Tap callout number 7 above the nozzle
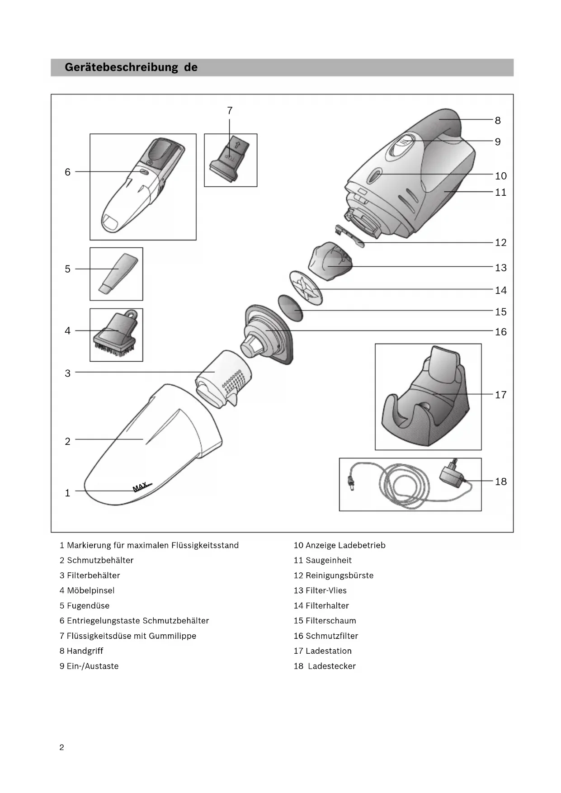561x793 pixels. coord(230,111)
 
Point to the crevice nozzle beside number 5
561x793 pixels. coord(117,273)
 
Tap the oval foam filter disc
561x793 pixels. coord(290,308)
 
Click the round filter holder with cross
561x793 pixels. coord(305,288)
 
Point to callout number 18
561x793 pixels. coord(500,481)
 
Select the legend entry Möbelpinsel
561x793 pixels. coord(90,590)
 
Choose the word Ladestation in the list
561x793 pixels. coord(328,651)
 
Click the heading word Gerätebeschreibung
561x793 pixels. coord(121,67)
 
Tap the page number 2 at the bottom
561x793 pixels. coord(62,747)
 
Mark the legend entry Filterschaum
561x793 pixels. coord(330,621)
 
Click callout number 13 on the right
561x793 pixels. coord(500,268)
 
